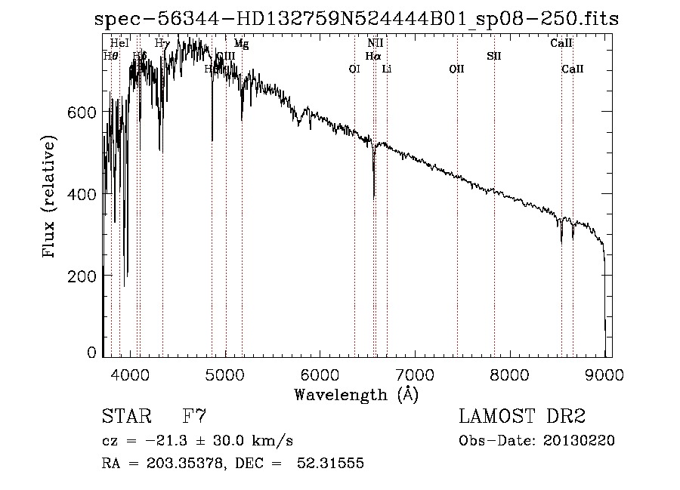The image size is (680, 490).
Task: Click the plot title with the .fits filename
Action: [x=357, y=20]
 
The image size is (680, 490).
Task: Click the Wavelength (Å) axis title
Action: [x=356, y=394]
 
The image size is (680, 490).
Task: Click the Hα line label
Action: [x=372, y=56]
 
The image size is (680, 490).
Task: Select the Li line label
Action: [x=387, y=69]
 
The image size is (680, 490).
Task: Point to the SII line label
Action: [x=493, y=56]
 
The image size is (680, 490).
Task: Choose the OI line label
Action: [x=354, y=69]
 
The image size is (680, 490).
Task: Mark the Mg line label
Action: [x=241, y=44]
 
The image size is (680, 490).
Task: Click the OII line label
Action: [x=456, y=69]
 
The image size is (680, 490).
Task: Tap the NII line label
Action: [x=376, y=44]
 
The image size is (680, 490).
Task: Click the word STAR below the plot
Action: [x=127, y=416]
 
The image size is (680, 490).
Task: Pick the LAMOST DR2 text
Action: [x=522, y=416]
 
